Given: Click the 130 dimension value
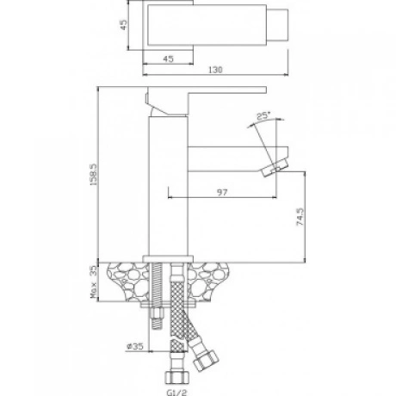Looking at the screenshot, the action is coord(215,70).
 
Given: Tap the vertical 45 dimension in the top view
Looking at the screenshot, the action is coord(123,25).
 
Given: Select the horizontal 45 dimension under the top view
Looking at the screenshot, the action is coord(168,59).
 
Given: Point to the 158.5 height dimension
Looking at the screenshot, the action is coord(94,174).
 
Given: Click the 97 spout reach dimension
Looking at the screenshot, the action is coord(222,192).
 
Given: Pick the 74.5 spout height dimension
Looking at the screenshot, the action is coord(300,217).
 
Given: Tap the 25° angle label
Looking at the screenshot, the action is coord(263,116).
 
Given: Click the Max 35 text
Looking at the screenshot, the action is coord(94,282).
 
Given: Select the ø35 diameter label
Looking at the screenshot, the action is coord(135,346).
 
